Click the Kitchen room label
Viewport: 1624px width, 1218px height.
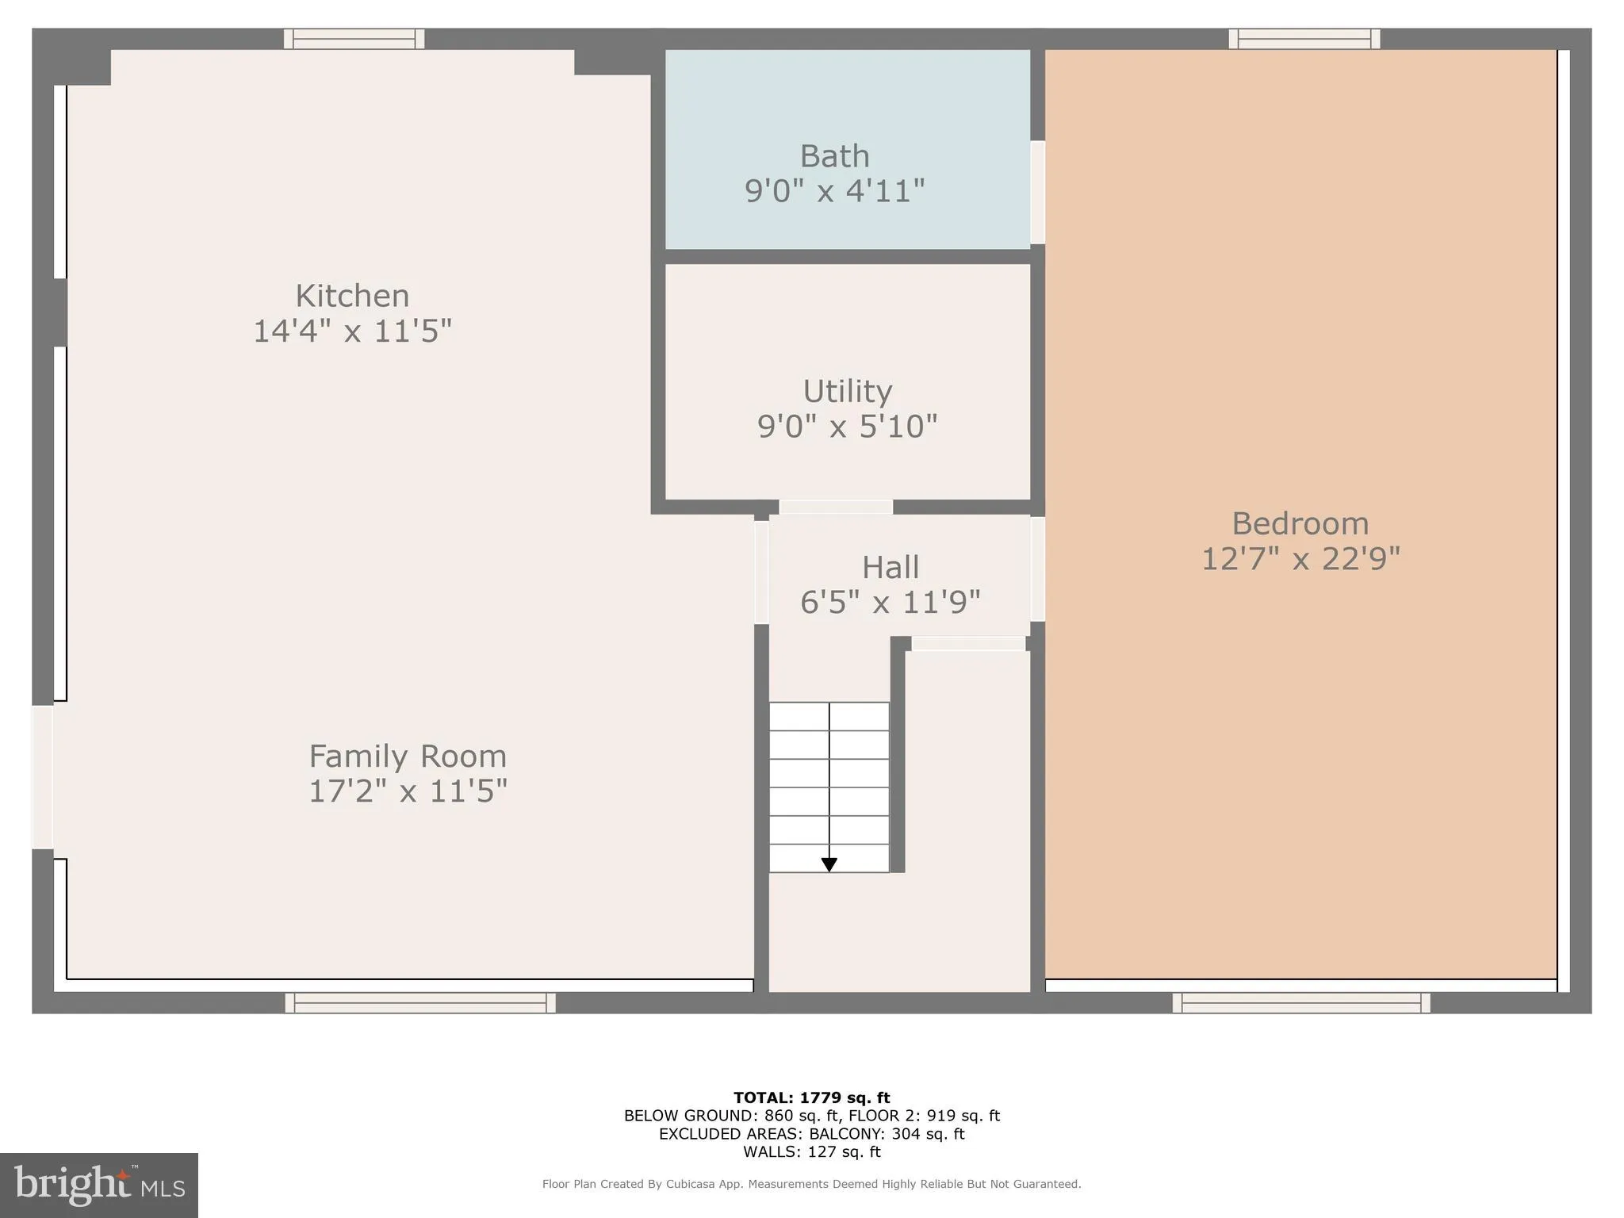pyautogui.click(x=352, y=296)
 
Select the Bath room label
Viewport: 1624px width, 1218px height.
pyautogui.click(x=834, y=156)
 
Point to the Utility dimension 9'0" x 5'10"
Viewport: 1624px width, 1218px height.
pyautogui.click(x=847, y=427)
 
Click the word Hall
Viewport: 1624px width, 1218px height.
pyautogui.click(x=891, y=568)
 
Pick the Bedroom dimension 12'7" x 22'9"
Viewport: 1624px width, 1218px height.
pyautogui.click(x=1300, y=559)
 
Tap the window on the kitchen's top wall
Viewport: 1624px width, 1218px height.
pyautogui.click(x=354, y=39)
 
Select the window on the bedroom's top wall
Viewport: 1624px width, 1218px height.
pyautogui.click(x=1304, y=39)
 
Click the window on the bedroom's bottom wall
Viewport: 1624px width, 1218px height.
pyautogui.click(x=1301, y=1003)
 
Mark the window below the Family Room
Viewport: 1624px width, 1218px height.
pyautogui.click(x=420, y=1003)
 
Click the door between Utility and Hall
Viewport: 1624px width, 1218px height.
pyautogui.click(x=836, y=507)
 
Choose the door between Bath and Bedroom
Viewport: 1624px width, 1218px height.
pyautogui.click(x=1037, y=193)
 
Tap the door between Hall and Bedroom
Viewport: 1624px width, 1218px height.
pyautogui.click(x=1037, y=569)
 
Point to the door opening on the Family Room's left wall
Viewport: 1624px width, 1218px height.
pyautogui.click(x=42, y=777)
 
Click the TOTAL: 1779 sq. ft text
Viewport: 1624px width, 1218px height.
pyautogui.click(x=811, y=1098)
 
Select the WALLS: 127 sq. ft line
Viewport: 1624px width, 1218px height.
pyautogui.click(x=811, y=1152)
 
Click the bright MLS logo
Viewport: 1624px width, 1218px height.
pyautogui.click(x=99, y=1185)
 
